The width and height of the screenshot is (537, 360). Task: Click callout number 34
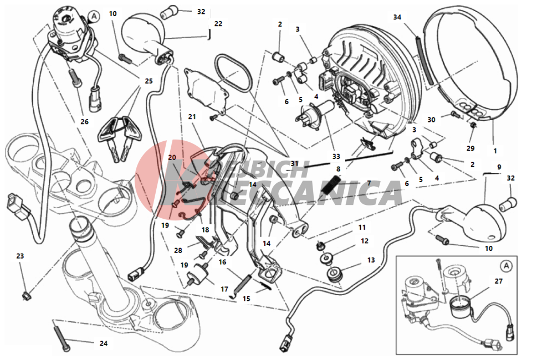click(397, 17)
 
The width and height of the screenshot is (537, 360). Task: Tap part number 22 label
click(218, 24)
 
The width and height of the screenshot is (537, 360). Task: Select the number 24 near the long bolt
click(104, 343)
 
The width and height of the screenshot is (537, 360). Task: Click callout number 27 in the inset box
click(499, 281)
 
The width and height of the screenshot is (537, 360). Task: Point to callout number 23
click(20, 256)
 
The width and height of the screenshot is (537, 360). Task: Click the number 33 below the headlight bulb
click(336, 156)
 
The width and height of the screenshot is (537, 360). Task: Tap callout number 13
click(371, 260)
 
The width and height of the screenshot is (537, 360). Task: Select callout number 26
click(84, 121)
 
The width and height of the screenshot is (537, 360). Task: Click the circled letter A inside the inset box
click(506, 266)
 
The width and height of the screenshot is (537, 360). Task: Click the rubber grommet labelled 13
click(334, 275)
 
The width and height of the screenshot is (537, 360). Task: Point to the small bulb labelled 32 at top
click(170, 12)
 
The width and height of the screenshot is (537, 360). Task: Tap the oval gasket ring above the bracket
click(233, 73)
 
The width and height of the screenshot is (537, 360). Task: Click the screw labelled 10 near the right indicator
click(442, 239)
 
